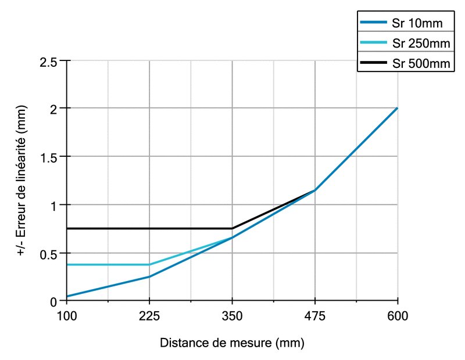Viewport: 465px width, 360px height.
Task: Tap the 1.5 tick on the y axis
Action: coord(52,157)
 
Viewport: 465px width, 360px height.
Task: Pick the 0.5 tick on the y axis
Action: coord(52,253)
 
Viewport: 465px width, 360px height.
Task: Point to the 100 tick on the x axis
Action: coord(67,316)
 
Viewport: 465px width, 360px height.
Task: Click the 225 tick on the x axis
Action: coord(149,316)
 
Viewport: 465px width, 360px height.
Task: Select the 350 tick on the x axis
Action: coord(232,316)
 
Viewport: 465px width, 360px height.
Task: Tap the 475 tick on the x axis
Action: coord(314,316)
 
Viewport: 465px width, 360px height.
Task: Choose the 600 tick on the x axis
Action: coord(397,316)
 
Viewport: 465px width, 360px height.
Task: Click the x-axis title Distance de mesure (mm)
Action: coord(232,343)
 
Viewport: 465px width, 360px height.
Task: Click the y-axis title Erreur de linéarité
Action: coord(21,180)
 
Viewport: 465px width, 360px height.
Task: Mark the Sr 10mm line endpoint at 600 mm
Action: coord(397,108)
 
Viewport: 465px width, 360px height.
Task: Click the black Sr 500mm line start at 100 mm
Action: coord(67,228)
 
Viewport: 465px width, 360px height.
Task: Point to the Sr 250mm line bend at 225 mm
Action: coord(149,265)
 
